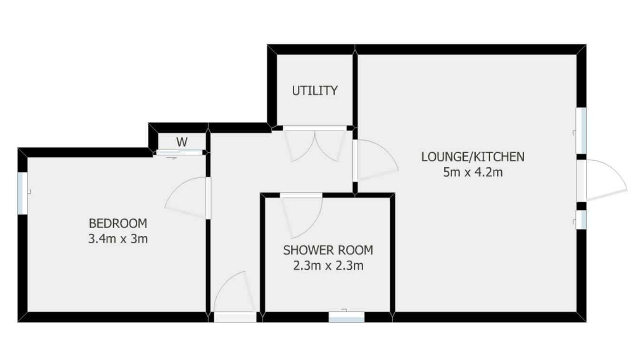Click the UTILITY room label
[315, 91]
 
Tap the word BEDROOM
[118, 223]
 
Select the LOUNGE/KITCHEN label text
[472, 157]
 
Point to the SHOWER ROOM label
[328, 250]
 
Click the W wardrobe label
[181, 142]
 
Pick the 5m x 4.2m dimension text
[472, 172]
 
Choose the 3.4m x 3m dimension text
[118, 238]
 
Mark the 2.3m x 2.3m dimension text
[328, 265]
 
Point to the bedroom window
[22, 193]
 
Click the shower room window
[346, 317]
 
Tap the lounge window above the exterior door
[581, 131]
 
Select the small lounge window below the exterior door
[581, 219]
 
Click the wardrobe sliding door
[180, 152]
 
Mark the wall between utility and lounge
[355, 90]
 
